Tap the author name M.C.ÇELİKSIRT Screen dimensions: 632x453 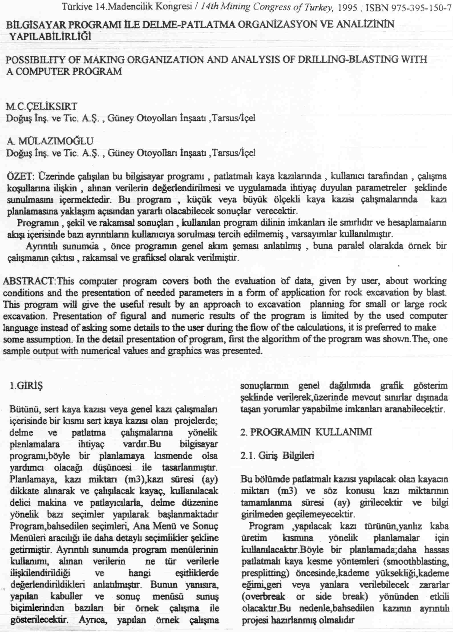(x=41, y=106)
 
